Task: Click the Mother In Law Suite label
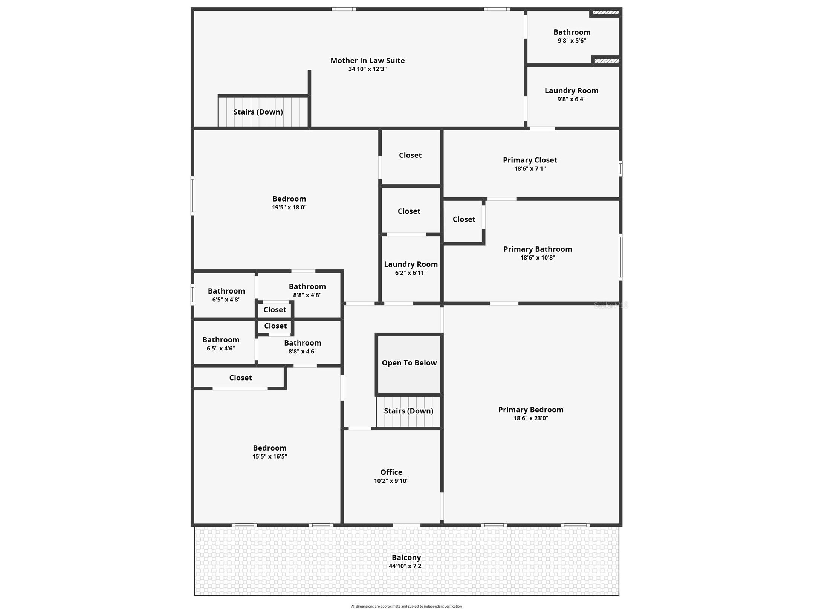[x=367, y=60]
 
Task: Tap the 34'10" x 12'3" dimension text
[x=367, y=69]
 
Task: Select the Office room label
[x=391, y=472]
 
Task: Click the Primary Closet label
[x=530, y=160]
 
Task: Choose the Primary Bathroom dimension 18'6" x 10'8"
[x=538, y=258]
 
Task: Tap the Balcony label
[x=406, y=557]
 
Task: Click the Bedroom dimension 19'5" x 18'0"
[x=289, y=208]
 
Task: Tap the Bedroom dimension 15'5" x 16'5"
[x=269, y=456]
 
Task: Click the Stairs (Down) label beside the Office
[x=408, y=411]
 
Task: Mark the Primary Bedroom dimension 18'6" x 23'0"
[x=530, y=418]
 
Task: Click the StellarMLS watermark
[x=611, y=305]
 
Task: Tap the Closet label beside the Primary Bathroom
[x=464, y=219]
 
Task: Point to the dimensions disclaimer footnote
[x=406, y=607]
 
